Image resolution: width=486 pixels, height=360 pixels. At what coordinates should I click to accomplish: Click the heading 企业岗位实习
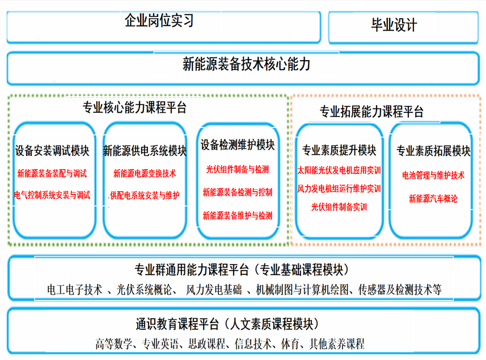[x=159, y=22]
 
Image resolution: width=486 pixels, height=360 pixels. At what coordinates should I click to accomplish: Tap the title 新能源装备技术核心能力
[x=247, y=64]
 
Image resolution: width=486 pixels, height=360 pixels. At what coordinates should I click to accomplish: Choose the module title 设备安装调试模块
[x=52, y=151]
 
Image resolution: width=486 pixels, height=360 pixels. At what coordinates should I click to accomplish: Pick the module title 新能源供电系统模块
[x=145, y=151]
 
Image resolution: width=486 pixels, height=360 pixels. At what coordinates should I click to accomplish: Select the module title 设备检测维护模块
[x=238, y=145]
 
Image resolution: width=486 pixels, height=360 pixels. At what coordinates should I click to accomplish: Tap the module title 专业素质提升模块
[x=339, y=151]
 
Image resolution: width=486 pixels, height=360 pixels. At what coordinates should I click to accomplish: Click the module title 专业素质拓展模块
[x=433, y=151]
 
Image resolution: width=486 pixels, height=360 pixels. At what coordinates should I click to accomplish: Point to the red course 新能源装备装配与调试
[x=52, y=173]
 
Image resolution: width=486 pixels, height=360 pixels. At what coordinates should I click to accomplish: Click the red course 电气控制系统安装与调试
[x=52, y=196]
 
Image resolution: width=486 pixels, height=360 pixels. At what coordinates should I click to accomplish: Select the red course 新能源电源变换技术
[x=145, y=173]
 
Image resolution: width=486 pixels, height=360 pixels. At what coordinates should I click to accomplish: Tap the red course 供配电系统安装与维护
[x=145, y=196]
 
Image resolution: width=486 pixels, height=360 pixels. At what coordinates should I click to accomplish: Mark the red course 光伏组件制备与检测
[x=238, y=170]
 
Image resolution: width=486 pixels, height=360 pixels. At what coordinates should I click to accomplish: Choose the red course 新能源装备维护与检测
[x=238, y=215]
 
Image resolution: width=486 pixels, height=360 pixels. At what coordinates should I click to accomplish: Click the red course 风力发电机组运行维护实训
[x=339, y=188]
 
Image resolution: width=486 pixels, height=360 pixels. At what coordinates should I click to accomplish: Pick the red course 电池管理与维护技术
[x=433, y=175]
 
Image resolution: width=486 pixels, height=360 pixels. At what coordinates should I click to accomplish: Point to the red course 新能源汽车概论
[x=433, y=198]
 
